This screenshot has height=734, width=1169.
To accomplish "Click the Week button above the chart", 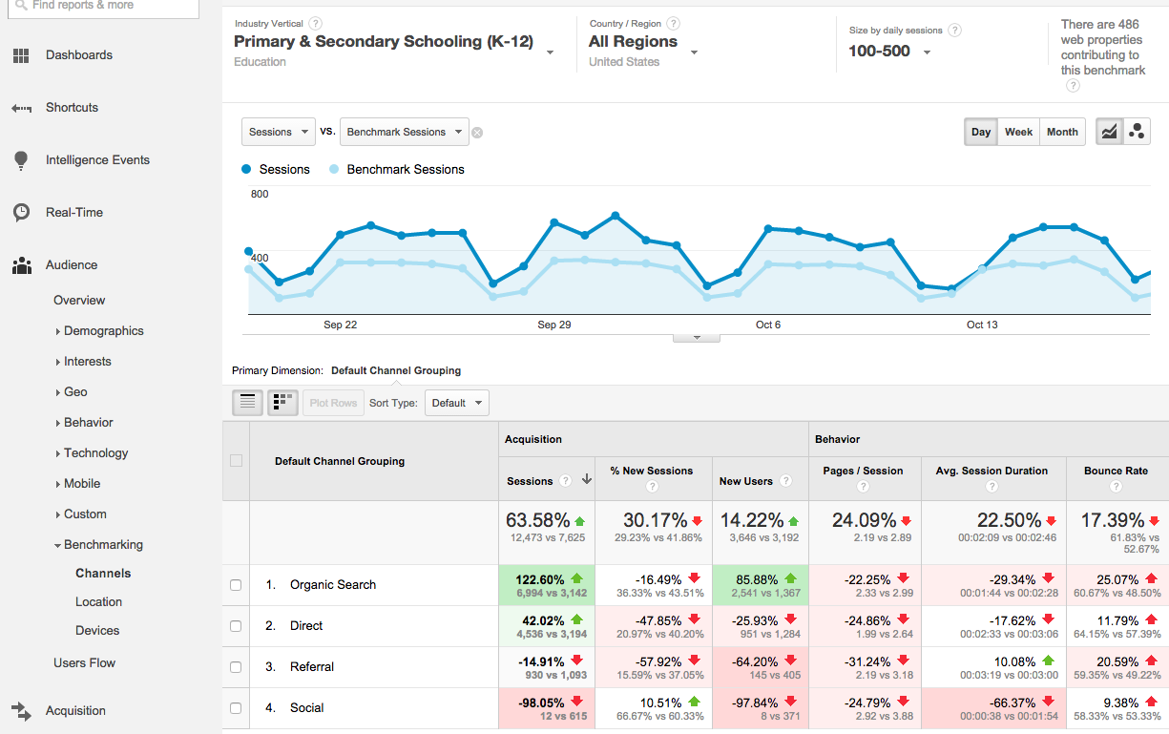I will [1018, 132].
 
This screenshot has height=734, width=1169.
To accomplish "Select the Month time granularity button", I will [1061, 132].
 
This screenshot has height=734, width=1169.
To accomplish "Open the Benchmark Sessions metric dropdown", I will [405, 132].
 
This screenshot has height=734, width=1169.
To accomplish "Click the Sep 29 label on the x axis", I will [553, 325].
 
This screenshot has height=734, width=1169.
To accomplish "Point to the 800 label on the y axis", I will [260, 194].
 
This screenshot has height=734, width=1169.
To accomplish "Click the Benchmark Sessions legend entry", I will [405, 169].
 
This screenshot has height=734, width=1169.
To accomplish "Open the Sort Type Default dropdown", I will [456, 403].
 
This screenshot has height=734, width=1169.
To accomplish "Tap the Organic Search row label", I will [333, 584].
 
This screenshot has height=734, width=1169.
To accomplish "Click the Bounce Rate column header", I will [1116, 471].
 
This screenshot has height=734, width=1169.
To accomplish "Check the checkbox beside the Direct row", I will [236, 626].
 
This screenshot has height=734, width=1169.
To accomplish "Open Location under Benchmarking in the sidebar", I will [98, 601].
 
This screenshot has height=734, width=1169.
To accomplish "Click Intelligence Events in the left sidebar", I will [97, 159].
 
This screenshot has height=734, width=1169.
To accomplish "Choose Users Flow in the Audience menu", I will [84, 662].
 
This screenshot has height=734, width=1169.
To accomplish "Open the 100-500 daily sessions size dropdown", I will [889, 51].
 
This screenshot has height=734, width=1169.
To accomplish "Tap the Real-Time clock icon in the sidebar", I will [21, 212].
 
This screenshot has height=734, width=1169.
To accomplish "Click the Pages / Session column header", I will [863, 471].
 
